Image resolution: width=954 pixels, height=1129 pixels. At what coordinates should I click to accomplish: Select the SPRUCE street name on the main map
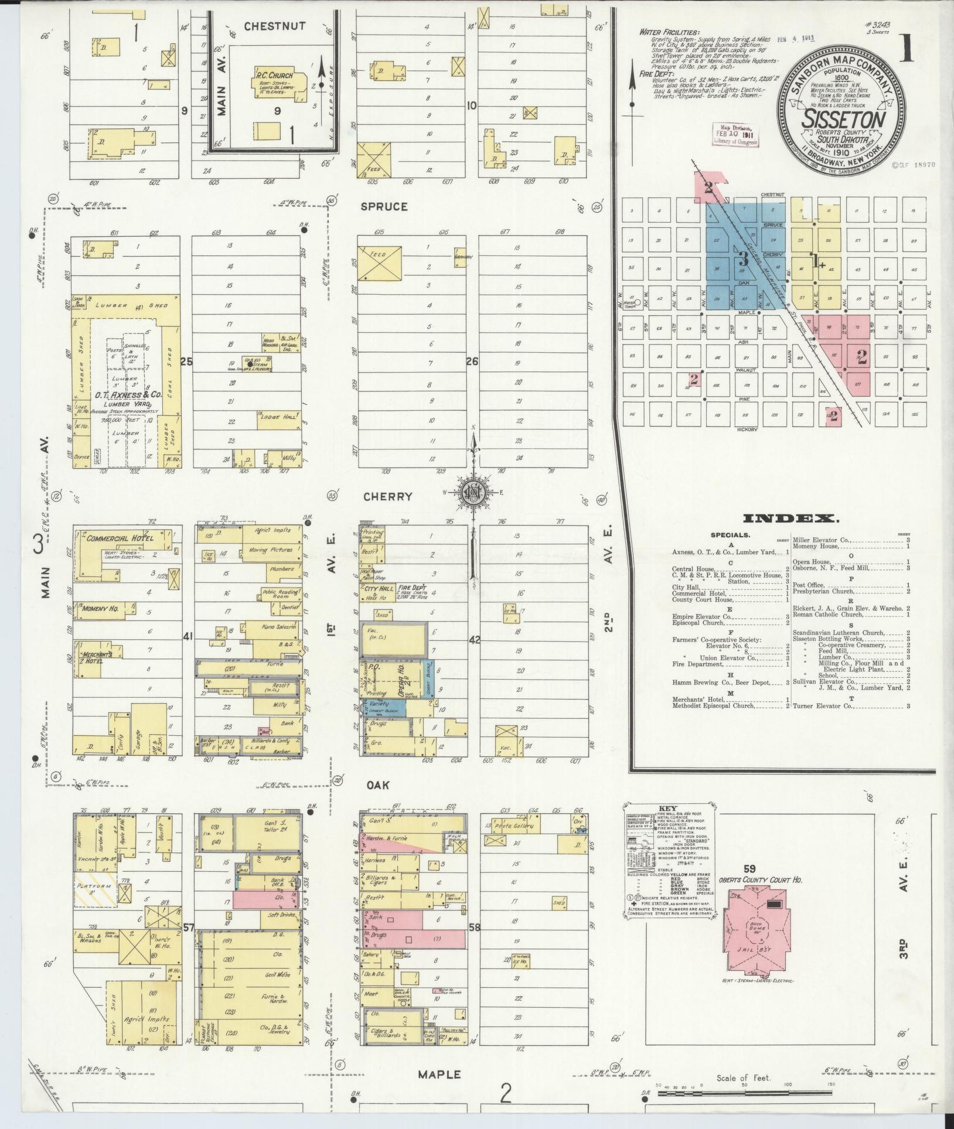(x=384, y=206)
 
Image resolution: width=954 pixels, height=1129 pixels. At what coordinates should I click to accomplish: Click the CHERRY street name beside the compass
(x=387, y=496)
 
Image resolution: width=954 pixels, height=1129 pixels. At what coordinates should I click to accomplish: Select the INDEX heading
(x=791, y=518)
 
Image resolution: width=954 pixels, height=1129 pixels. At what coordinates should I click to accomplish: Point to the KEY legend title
(x=667, y=807)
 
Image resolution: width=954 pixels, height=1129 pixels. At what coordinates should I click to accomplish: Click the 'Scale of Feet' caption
(x=744, y=1078)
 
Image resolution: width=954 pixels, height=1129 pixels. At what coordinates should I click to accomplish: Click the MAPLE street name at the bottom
(x=439, y=1075)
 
